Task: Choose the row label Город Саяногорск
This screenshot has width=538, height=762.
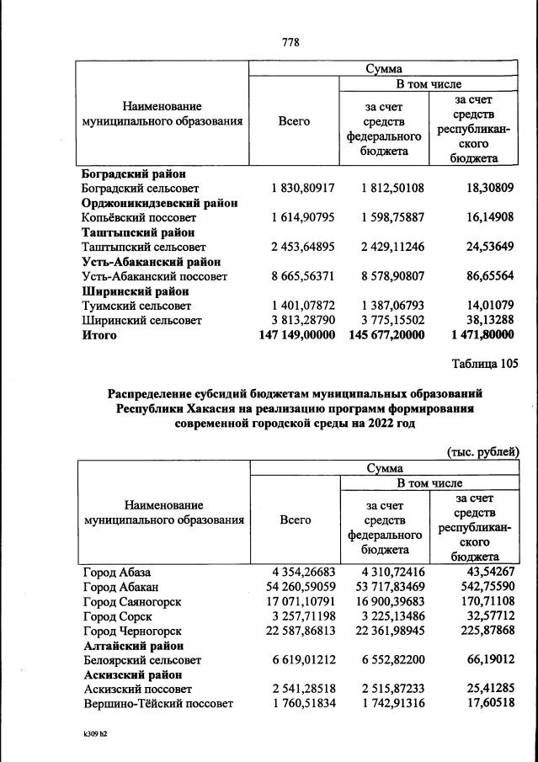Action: [x=132, y=602]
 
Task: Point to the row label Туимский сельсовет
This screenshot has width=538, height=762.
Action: [x=137, y=306]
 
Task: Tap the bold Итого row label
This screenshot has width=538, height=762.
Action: [x=99, y=335]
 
